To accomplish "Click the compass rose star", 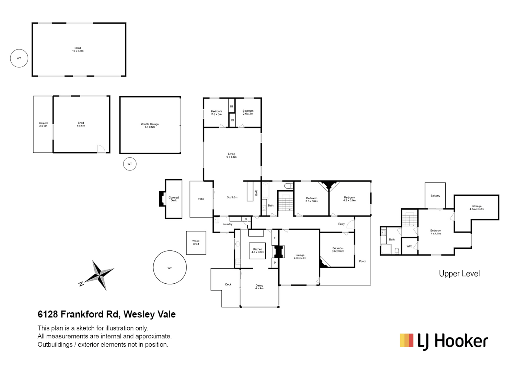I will [x=100, y=274].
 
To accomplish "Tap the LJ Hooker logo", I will [x=444, y=341].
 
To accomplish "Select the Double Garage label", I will [x=150, y=125].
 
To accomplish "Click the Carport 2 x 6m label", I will [x=43, y=124].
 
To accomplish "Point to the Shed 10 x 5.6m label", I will [x=78, y=49].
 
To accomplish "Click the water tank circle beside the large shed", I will [x=19, y=58].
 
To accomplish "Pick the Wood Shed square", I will [x=196, y=243].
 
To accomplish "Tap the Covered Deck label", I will [x=174, y=199].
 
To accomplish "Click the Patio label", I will [x=201, y=199].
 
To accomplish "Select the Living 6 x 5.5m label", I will [x=232, y=155].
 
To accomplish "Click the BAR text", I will [x=256, y=193].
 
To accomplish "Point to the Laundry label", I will [x=228, y=224].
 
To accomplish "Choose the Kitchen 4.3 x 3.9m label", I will [x=258, y=251].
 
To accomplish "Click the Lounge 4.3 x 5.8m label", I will [x=300, y=257].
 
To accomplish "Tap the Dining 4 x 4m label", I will [x=259, y=287].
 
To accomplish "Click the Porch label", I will [x=363, y=261].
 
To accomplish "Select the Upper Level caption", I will [x=459, y=274].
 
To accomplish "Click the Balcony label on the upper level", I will [x=435, y=196].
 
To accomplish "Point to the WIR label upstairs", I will [x=409, y=246].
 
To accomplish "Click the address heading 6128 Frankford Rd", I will [x=106, y=314].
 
